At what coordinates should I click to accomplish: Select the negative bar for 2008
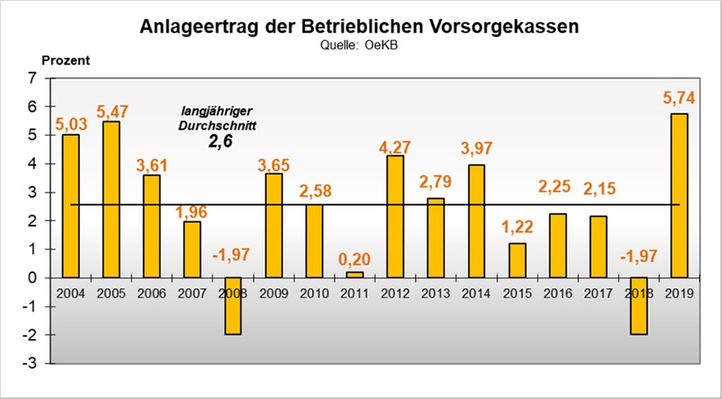(x=232, y=306)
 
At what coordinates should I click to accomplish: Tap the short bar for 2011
(x=355, y=275)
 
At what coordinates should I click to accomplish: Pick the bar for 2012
(x=395, y=216)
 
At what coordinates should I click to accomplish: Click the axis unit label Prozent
(x=65, y=60)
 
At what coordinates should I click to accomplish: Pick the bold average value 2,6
(x=219, y=142)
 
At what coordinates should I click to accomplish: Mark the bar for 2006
(x=151, y=226)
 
